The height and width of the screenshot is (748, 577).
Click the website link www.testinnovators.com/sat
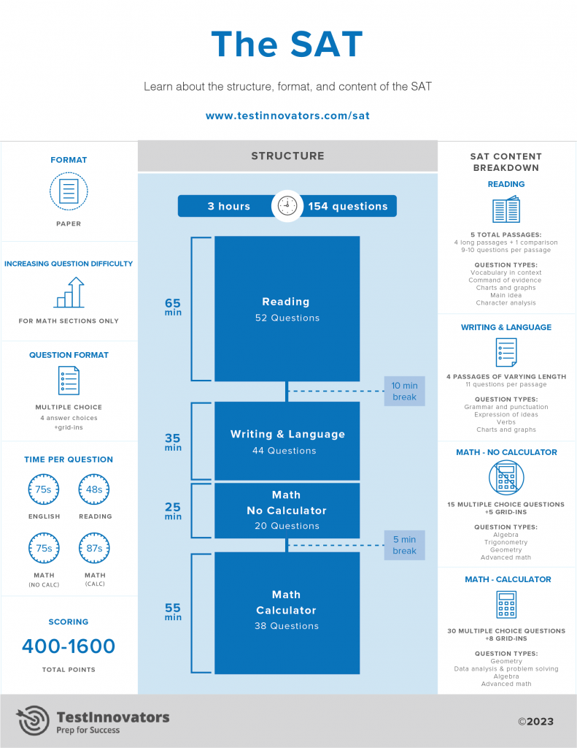(x=287, y=115)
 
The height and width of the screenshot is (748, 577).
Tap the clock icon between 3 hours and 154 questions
(x=287, y=206)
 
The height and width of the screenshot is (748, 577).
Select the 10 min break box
(x=404, y=392)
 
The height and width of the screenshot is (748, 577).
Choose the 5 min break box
(x=404, y=545)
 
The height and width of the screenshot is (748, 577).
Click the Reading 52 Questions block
(x=287, y=308)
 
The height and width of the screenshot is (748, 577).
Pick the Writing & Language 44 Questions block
(x=287, y=441)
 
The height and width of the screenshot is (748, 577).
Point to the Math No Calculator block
(x=287, y=510)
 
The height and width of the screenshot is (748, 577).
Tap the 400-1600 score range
(x=69, y=646)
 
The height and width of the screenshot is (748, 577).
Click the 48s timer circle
(x=94, y=489)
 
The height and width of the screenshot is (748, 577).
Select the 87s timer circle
(x=94, y=548)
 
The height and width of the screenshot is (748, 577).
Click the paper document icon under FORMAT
(x=69, y=192)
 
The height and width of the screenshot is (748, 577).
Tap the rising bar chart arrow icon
(x=69, y=292)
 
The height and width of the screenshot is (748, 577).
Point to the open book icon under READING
(x=506, y=210)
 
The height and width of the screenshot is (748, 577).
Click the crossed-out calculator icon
(x=506, y=479)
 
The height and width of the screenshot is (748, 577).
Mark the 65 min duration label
(x=173, y=307)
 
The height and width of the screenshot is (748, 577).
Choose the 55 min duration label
(x=173, y=611)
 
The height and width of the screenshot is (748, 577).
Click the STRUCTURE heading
(x=287, y=156)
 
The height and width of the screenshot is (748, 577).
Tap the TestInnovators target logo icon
(x=33, y=720)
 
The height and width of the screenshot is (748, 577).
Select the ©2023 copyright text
(x=535, y=721)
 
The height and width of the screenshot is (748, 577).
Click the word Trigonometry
(x=506, y=542)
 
